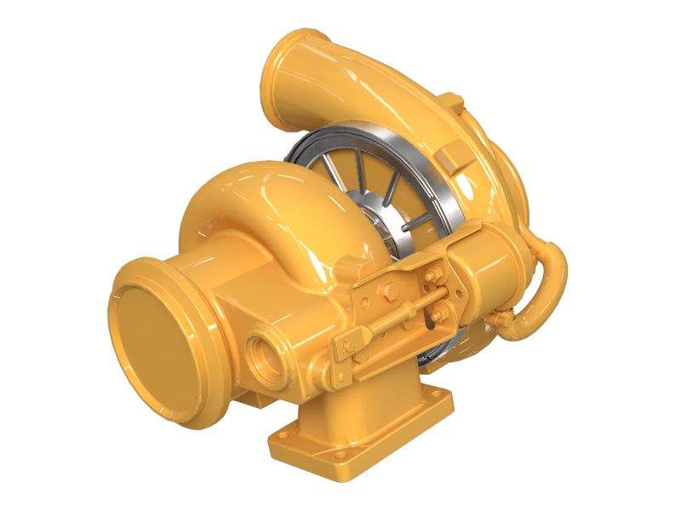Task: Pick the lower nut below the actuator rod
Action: tap(437, 320)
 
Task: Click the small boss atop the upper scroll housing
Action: tap(452, 103)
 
